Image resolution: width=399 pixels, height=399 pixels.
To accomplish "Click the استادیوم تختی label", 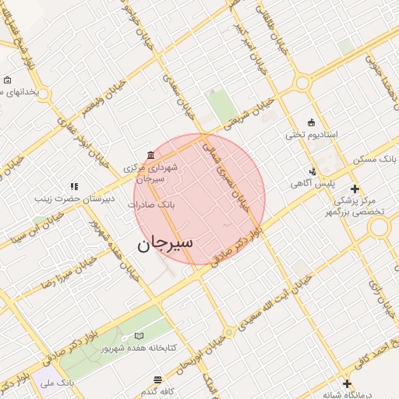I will click(312, 135).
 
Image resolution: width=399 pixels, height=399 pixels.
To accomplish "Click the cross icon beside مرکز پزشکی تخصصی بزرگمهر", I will click(355, 189).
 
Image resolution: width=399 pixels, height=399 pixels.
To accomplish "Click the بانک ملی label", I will click(59, 383).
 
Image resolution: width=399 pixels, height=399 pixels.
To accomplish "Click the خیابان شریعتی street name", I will click(249, 114).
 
